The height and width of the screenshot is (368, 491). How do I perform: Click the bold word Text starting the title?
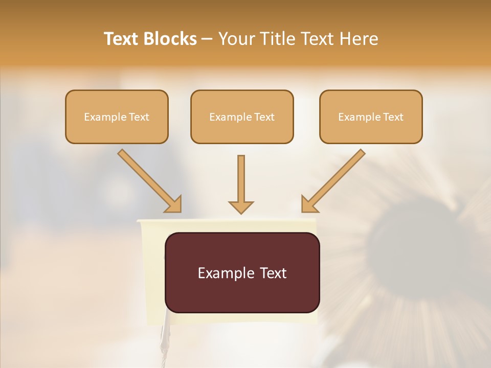pos(122,39)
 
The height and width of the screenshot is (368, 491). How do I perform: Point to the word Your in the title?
pos(236,39)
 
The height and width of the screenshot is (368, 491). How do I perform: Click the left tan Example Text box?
pos(117,117)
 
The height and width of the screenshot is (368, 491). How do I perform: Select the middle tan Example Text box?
pos(242,117)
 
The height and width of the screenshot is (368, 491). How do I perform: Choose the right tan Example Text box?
pos(371,117)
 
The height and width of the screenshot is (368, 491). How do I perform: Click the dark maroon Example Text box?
pos(242,272)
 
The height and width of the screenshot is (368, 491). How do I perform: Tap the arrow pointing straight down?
pos(241,181)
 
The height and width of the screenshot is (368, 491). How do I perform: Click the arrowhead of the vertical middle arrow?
pos(241,206)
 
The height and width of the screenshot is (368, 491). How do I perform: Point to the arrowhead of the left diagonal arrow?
pos(174,204)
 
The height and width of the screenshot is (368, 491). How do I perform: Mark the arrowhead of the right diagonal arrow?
pos(308,204)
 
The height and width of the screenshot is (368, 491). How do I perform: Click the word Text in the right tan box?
pos(393,117)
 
